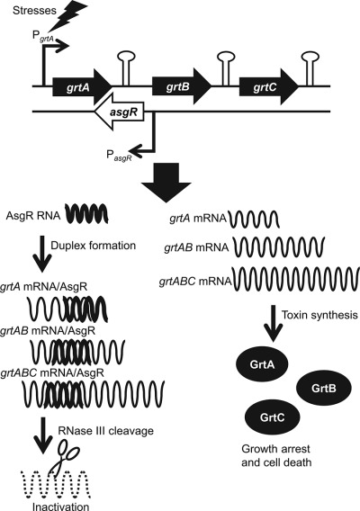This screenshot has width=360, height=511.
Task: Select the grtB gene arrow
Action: pyautogui.click(x=182, y=86)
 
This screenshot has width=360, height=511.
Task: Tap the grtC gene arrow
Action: pyautogui.click(x=269, y=86)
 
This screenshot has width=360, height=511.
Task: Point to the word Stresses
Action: pyautogui.click(x=30, y=11)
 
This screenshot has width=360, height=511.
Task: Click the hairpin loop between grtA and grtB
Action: pyautogui.click(x=126, y=67)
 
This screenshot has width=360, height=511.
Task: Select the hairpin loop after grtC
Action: pyautogui.click(x=310, y=67)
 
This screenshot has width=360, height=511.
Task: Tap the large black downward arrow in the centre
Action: pyautogui.click(x=166, y=185)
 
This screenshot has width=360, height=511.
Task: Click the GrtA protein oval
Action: pyautogui.click(x=262, y=364)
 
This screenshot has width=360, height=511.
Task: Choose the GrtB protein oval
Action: pyautogui.click(x=323, y=388)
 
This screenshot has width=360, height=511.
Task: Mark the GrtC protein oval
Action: pyautogui.click(x=273, y=417)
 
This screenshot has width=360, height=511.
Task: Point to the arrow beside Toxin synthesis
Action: pyautogui.click(x=273, y=324)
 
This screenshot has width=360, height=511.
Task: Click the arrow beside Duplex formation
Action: pyautogui.click(x=42, y=253)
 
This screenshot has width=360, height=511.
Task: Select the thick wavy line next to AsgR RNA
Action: pyautogui.click(x=86, y=214)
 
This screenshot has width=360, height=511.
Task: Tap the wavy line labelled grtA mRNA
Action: pyautogui.click(x=255, y=219)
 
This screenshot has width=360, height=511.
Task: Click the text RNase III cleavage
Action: pyautogui.click(x=105, y=431)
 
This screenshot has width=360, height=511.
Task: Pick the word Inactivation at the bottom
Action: pyautogui.click(x=60, y=507)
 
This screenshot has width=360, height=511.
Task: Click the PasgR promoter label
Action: pyautogui.click(x=120, y=156)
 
